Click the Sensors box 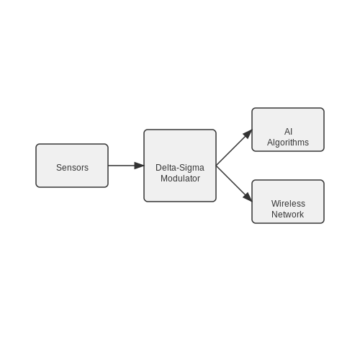(x=72, y=166)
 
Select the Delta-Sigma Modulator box (x=180, y=166)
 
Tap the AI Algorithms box (x=288, y=130)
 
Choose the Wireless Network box (x=288, y=202)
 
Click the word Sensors (x=72, y=168)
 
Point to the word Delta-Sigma (x=180, y=168)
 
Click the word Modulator (x=180, y=179)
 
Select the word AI (x=288, y=132)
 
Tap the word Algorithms (x=288, y=143)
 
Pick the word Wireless (x=288, y=204)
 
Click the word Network (x=287, y=215)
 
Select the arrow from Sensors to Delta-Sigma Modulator (x=126, y=166)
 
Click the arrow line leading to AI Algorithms (x=234, y=148)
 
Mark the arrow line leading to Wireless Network (x=234, y=184)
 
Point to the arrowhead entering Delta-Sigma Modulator (x=139, y=166)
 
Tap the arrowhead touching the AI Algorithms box (x=248, y=134)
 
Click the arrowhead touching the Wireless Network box (x=248, y=197)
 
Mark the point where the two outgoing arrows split (x=216, y=166)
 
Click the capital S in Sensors (x=59, y=168)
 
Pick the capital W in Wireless (x=275, y=204)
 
